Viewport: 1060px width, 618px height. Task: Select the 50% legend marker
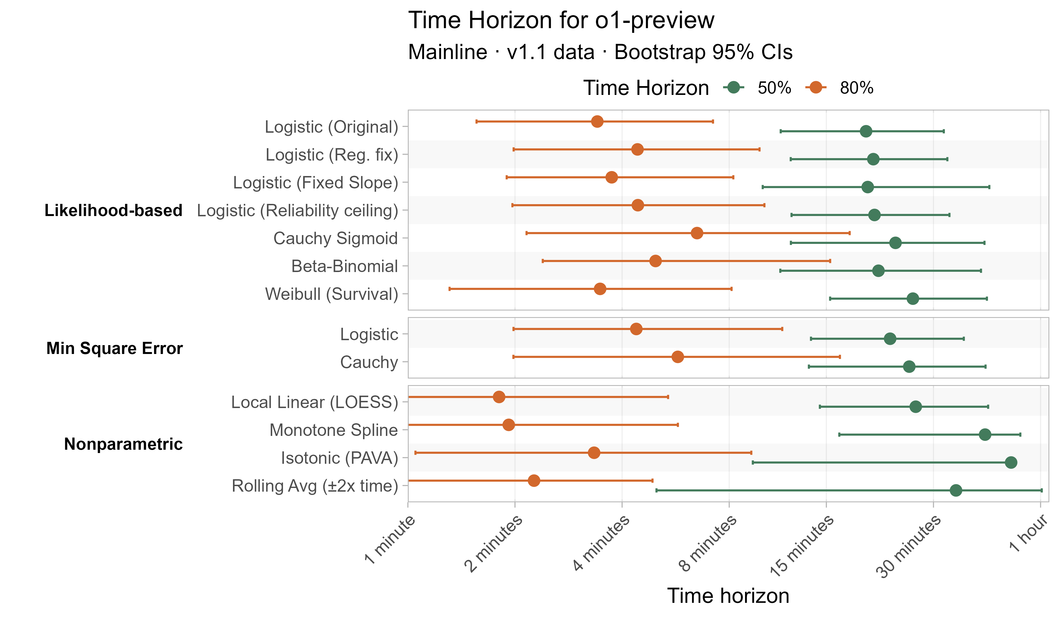(734, 87)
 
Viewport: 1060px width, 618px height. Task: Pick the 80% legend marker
(816, 87)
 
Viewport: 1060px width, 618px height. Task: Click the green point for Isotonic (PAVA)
(1011, 462)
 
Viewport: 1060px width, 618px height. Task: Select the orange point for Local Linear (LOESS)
(499, 397)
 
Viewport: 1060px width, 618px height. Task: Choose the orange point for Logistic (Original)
(597, 121)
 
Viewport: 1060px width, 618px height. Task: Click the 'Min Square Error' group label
(114, 348)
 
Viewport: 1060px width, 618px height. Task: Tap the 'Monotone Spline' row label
(333, 430)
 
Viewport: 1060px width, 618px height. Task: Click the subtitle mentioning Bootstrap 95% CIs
(600, 52)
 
